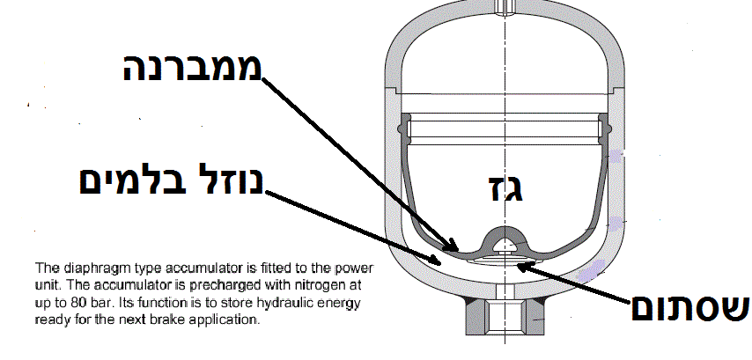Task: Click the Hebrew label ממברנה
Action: [x=192, y=68]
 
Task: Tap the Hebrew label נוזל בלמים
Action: [x=171, y=180]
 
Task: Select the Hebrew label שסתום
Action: [x=689, y=308]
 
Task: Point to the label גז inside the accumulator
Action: [x=505, y=187]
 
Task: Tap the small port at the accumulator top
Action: [x=505, y=7]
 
